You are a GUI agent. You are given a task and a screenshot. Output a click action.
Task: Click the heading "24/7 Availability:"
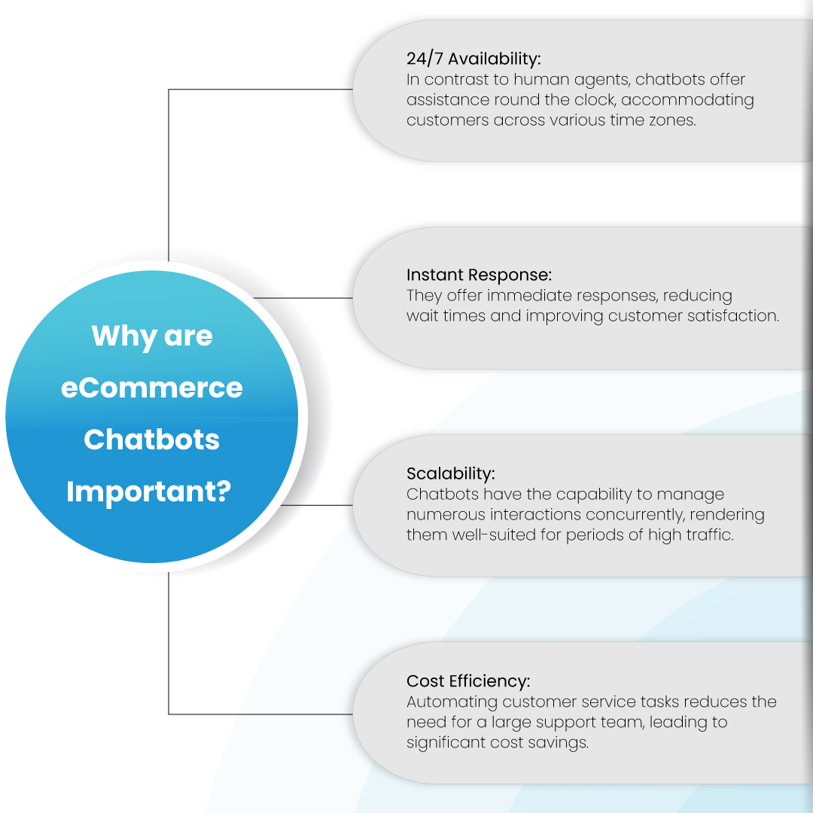click(473, 59)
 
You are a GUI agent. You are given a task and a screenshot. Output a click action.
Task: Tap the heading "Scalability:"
click(451, 474)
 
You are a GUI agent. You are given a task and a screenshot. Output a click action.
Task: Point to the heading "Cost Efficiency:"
click(468, 681)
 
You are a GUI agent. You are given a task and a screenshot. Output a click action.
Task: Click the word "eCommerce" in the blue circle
click(152, 388)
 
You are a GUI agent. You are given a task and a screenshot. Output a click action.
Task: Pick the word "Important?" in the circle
click(149, 492)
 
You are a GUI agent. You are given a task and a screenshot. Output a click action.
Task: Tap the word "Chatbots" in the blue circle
click(152, 440)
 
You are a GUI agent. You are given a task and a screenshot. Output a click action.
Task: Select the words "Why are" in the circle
click(152, 336)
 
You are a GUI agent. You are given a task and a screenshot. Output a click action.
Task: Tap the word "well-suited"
click(491, 536)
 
